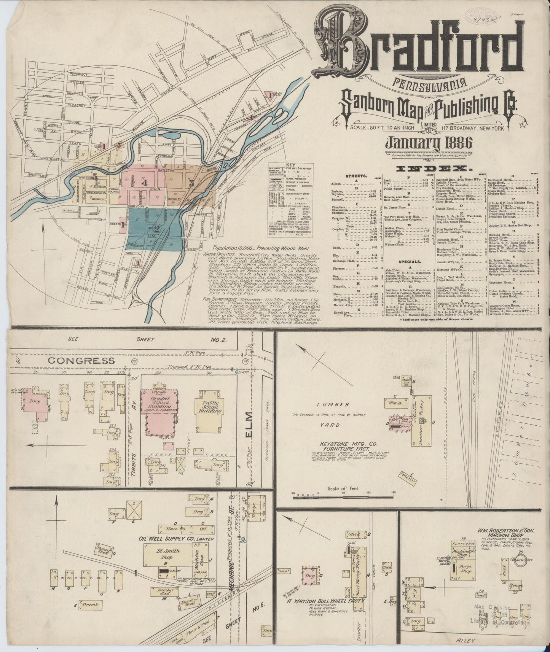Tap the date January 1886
429,144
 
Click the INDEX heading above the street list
431,169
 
